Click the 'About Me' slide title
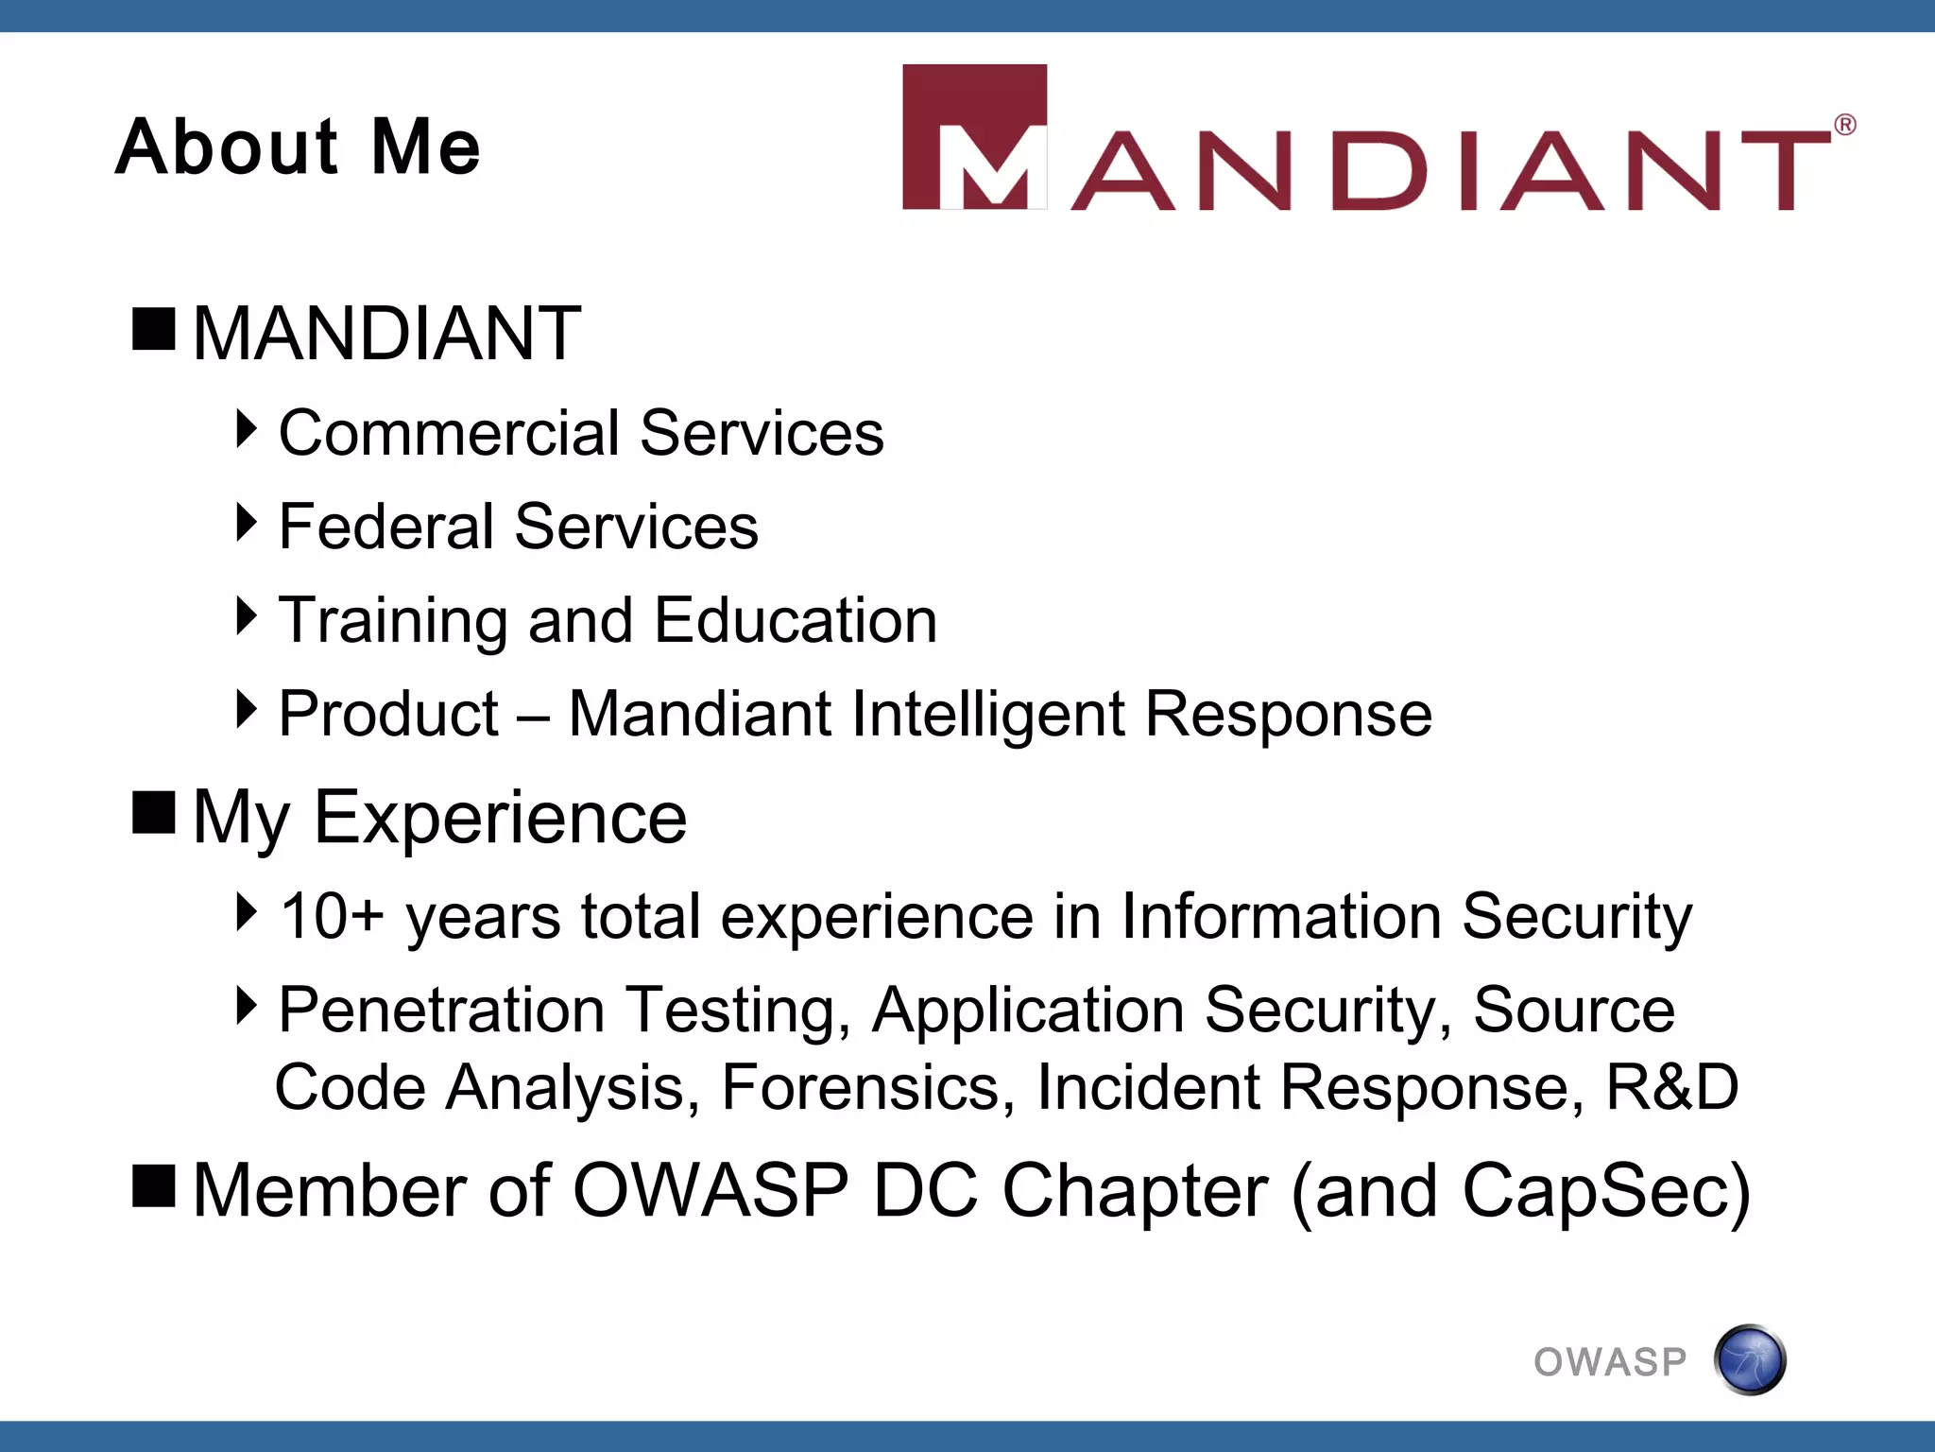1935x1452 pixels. coord(298,147)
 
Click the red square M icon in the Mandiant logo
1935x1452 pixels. coord(974,137)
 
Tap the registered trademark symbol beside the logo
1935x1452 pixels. coord(1844,125)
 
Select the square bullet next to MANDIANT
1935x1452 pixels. coord(154,329)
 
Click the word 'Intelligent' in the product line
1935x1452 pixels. coord(987,715)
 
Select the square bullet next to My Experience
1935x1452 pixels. coord(154,812)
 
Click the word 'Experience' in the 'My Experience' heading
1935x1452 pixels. coord(500,817)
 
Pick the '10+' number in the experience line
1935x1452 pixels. coord(332,916)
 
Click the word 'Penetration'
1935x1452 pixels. coord(441,1010)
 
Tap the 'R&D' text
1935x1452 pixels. coord(1672,1087)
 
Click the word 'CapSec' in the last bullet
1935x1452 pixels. coord(1597,1190)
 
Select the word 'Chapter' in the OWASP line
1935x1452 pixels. coord(1134,1190)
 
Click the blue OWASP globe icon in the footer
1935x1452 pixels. coord(1750,1360)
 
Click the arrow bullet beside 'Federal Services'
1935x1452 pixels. coord(246,523)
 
